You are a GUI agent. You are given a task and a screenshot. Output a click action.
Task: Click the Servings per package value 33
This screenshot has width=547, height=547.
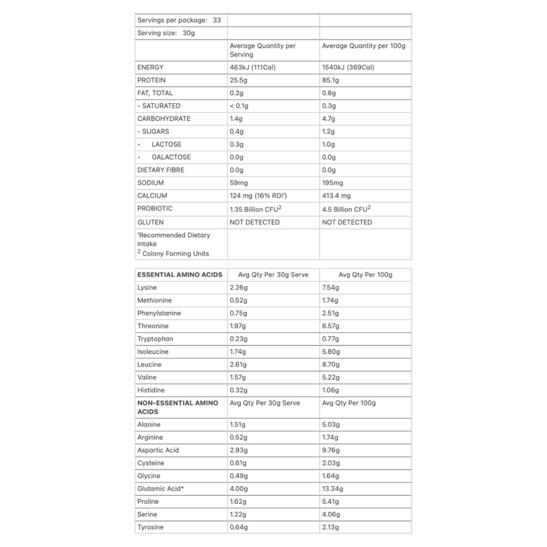(217, 20)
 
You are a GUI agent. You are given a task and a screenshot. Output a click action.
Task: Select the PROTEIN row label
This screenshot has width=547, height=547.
(152, 80)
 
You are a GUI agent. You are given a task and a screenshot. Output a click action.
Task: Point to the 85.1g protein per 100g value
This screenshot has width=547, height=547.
(332, 80)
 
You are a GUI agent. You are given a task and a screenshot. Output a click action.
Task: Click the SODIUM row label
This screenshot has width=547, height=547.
(150, 183)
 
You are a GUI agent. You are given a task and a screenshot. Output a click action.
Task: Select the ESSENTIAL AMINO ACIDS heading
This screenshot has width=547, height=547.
(180, 275)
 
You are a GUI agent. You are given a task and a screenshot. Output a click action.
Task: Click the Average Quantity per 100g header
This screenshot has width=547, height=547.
(364, 46)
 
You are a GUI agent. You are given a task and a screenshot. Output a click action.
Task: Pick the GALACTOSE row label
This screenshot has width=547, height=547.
(172, 157)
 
